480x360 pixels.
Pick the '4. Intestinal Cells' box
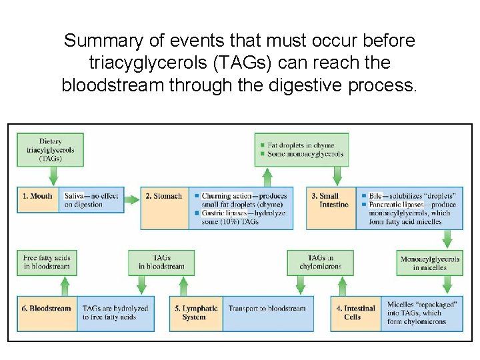click(355, 313)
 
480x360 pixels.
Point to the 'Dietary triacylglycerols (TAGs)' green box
click(50, 150)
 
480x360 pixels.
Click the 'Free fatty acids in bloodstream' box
click(47, 262)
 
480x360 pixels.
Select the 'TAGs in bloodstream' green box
click(161, 262)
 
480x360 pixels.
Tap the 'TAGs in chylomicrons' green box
click(325, 262)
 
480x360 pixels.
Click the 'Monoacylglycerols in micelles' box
click(429, 263)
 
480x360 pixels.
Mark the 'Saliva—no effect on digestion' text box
click(93, 200)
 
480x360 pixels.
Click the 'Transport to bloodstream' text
click(267, 309)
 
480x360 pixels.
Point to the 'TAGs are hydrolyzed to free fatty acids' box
click(115, 313)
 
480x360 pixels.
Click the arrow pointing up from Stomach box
click(267, 177)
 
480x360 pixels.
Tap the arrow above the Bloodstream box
click(64, 286)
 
